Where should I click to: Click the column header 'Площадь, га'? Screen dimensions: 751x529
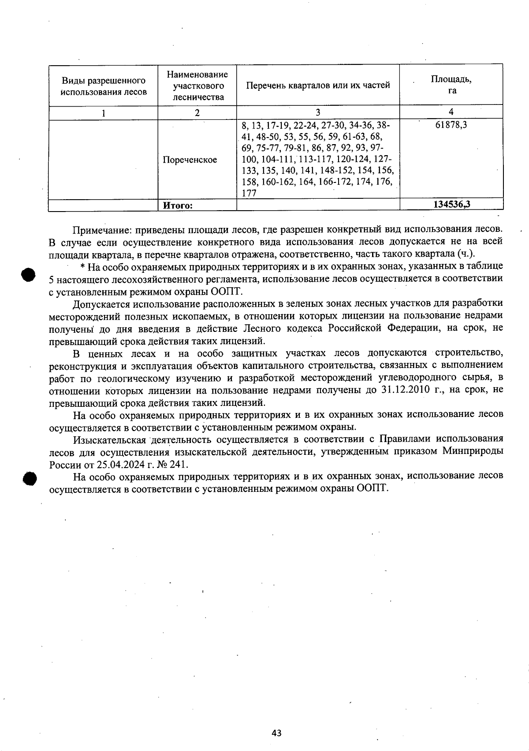pos(451,85)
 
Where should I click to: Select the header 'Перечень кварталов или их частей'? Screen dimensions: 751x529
pos(318,86)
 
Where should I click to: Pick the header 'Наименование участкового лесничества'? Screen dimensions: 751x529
pos(197,86)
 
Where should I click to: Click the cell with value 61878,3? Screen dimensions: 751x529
pos(451,125)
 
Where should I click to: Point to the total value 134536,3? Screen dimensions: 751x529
pos(452,204)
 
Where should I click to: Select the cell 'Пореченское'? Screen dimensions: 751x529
pos(190,160)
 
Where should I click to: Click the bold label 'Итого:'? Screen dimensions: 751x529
pos(178,205)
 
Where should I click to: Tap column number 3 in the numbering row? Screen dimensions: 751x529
pos(318,112)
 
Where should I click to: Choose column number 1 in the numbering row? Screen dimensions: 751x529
pos(104,113)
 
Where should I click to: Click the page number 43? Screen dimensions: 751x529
pos(276,733)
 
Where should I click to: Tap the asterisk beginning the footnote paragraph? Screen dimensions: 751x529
pos(83,267)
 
